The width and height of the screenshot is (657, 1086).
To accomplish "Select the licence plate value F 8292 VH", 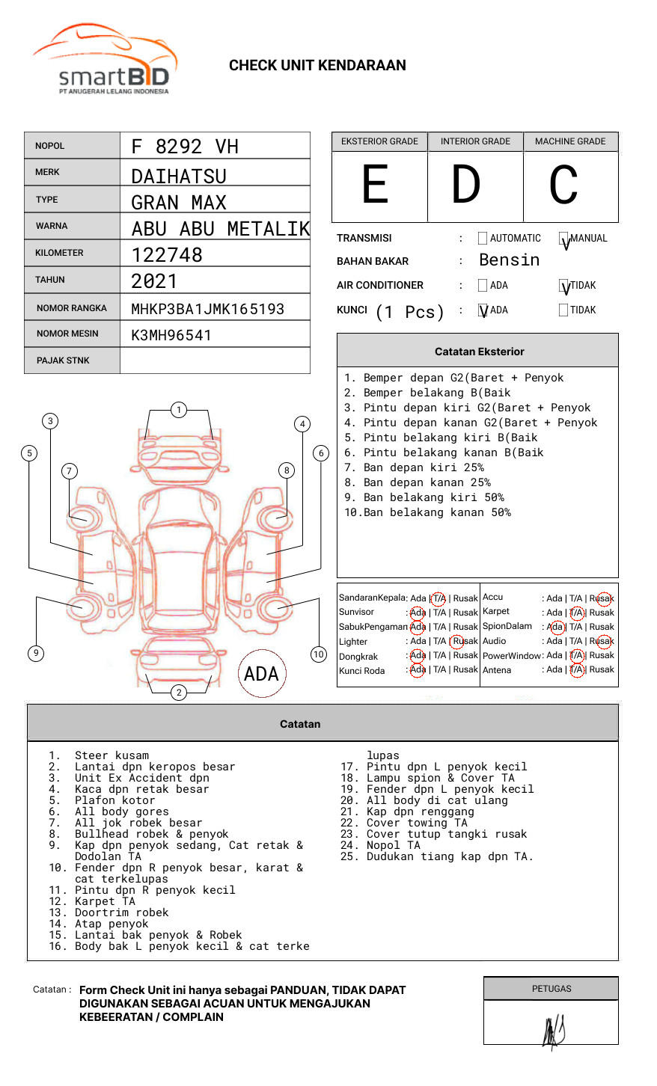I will pyautogui.click(x=185, y=147).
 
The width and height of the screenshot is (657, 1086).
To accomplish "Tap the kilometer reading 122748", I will pyautogui.click(x=167, y=255).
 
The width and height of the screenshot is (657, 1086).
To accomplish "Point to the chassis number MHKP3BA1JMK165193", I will pyautogui.click(x=207, y=309).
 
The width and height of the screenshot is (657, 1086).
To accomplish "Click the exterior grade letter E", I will pyautogui.click(x=376, y=185).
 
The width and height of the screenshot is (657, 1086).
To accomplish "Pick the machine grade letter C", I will pyautogui.click(x=563, y=185).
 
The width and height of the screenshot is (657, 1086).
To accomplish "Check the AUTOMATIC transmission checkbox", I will pyautogui.click(x=483, y=239).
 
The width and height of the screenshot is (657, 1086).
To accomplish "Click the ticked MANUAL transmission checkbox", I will pyautogui.click(x=563, y=239).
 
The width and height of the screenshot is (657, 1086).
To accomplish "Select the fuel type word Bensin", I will pyautogui.click(x=509, y=260).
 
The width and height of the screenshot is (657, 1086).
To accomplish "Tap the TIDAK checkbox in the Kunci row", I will pyautogui.click(x=563, y=310).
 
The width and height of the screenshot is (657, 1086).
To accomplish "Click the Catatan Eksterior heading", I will pyautogui.click(x=479, y=352).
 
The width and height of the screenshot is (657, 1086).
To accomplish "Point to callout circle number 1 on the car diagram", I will pyautogui.click(x=178, y=410).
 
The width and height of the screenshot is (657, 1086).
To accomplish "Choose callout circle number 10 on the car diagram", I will pyautogui.click(x=319, y=654).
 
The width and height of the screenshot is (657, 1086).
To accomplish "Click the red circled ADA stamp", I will pyautogui.click(x=261, y=674).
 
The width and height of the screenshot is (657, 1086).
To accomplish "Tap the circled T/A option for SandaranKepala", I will pyautogui.click(x=438, y=598).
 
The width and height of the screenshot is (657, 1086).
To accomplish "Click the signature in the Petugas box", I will pyautogui.click(x=553, y=1032).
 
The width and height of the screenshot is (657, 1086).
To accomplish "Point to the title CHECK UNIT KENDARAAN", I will pyautogui.click(x=317, y=66).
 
